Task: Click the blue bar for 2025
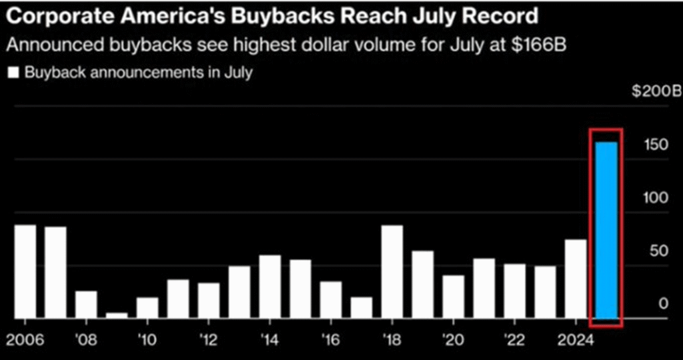click(606, 230)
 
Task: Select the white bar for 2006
click(25, 271)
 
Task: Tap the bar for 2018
click(392, 271)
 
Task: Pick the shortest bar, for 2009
click(117, 315)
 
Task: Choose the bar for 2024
click(576, 279)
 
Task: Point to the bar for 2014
click(269, 286)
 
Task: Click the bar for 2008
click(86, 304)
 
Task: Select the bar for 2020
click(454, 296)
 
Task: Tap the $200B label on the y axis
click(656, 91)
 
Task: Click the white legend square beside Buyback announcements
click(13, 72)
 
